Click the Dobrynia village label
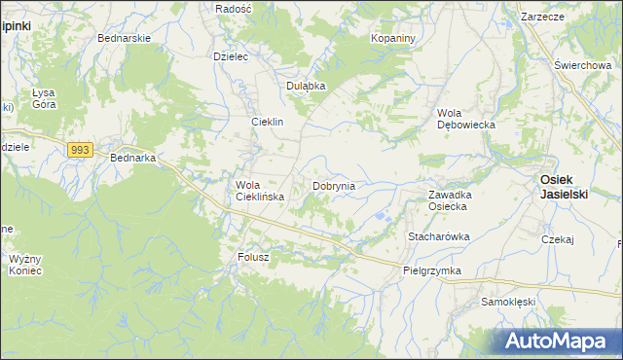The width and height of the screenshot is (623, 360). coord(333,185)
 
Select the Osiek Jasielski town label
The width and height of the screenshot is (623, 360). coord(564,187)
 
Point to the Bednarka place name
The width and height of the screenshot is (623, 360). coord(134,158)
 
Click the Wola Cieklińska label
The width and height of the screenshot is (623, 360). coord(259,191)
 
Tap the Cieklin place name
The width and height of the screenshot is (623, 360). coord(267,123)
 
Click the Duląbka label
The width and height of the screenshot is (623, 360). coord(305,86)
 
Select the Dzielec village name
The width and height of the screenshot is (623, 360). coord(231,56)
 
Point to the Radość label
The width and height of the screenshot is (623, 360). coord(234,8)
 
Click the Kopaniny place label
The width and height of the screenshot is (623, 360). coord(393,38)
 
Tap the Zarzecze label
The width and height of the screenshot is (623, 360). coord(543,18)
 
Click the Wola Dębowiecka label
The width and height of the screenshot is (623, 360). coord(466,119)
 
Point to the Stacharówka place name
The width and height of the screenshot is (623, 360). coord(439,236)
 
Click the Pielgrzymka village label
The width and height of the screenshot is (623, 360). coord(431,271)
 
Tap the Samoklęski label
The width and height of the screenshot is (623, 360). coord(508,303)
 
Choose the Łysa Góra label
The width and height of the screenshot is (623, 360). coord(45,98)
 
